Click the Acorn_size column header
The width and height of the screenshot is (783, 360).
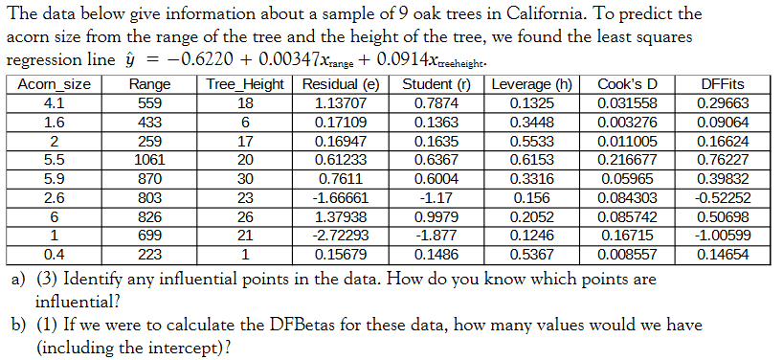tap(55, 84)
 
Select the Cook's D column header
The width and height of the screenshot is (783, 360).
tap(626, 84)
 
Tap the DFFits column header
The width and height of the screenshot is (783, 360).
tap(723, 84)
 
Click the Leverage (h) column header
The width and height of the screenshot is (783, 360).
tap(531, 84)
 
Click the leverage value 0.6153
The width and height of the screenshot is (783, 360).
tap(531, 157)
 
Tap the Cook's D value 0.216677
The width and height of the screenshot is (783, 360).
tap(626, 157)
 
